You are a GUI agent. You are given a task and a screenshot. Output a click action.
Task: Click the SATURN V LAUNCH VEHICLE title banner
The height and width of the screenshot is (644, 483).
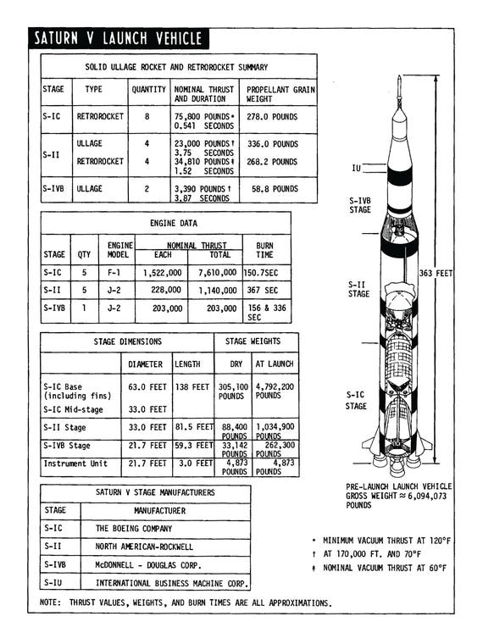pos(118,38)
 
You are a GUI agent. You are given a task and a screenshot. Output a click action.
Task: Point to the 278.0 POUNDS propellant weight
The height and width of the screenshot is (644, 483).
pos(272,116)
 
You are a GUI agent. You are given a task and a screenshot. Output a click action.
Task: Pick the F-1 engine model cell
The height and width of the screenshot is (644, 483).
pos(116,274)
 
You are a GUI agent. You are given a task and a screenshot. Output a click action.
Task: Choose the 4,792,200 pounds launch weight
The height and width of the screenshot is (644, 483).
pos(275,390)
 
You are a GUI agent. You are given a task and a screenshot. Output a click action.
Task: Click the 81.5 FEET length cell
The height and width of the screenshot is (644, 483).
pos(193,427)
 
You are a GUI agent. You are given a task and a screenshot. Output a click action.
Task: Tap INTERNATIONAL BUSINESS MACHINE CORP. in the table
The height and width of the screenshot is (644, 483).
pos(171,583)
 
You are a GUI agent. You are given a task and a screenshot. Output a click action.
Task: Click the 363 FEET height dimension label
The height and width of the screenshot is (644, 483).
pos(437,273)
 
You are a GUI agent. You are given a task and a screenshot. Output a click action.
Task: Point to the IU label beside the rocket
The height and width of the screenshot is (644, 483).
pos(357,169)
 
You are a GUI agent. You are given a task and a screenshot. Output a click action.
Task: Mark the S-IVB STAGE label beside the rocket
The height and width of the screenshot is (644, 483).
pos(360,204)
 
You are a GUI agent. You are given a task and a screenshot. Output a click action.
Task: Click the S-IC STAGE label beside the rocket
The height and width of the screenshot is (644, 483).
pos(357,400)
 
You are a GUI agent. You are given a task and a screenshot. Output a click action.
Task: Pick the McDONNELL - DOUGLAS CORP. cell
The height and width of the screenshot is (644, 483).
pos(148,564)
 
